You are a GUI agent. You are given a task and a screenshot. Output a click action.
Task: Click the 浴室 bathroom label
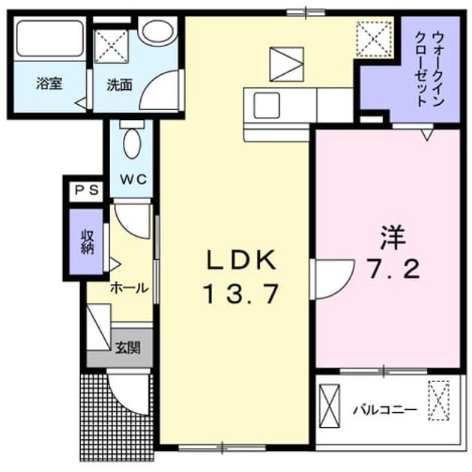tap(49, 84)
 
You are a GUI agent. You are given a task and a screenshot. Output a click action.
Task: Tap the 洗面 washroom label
tap(120, 85)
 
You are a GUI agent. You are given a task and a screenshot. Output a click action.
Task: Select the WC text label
tap(133, 179)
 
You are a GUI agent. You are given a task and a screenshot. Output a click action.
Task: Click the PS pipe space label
tap(87, 190)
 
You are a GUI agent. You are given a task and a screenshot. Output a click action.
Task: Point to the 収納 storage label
tap(87, 242)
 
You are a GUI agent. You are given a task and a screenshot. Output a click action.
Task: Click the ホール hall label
tap(130, 288)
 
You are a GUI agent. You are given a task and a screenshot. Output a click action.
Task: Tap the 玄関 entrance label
tap(128, 348)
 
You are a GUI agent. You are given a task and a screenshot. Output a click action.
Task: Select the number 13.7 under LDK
tap(240, 294)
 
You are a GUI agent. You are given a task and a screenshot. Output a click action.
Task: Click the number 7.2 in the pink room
tap(394, 270)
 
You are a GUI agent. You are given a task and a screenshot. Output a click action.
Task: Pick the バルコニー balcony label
tap(386, 410)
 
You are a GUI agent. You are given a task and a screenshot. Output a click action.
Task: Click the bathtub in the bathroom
tap(49, 38)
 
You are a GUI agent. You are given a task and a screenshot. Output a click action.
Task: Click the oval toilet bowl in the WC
tap(132, 144)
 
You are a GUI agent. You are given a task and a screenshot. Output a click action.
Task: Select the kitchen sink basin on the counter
tap(267, 106)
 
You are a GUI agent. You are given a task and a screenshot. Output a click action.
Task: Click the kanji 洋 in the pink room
tap(393, 238)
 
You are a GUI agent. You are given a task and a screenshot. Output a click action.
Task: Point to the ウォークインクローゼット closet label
tap(429, 70)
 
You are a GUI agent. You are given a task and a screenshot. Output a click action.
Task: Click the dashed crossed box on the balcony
tap(439, 400)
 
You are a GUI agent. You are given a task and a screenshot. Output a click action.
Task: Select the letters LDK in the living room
tap(240, 260)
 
